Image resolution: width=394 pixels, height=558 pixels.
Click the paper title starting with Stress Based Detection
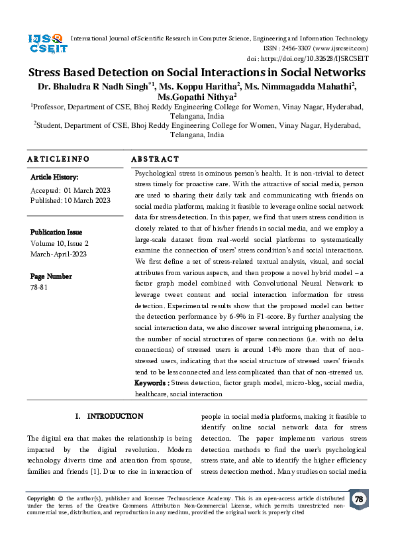coord(197,73)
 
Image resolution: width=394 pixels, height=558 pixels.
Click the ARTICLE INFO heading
coord(58,159)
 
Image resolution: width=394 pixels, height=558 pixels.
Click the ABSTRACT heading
coord(155,159)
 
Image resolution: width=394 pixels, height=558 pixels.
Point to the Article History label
coord(54,178)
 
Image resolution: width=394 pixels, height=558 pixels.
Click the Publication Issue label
coord(56,233)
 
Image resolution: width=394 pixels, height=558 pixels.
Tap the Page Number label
coord(50,276)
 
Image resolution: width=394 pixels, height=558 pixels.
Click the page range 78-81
coord(39,288)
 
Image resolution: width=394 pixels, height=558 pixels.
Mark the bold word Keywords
coord(151,383)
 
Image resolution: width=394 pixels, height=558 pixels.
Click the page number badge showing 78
coord(359,499)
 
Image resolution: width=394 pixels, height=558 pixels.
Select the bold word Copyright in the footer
coord(40,497)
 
